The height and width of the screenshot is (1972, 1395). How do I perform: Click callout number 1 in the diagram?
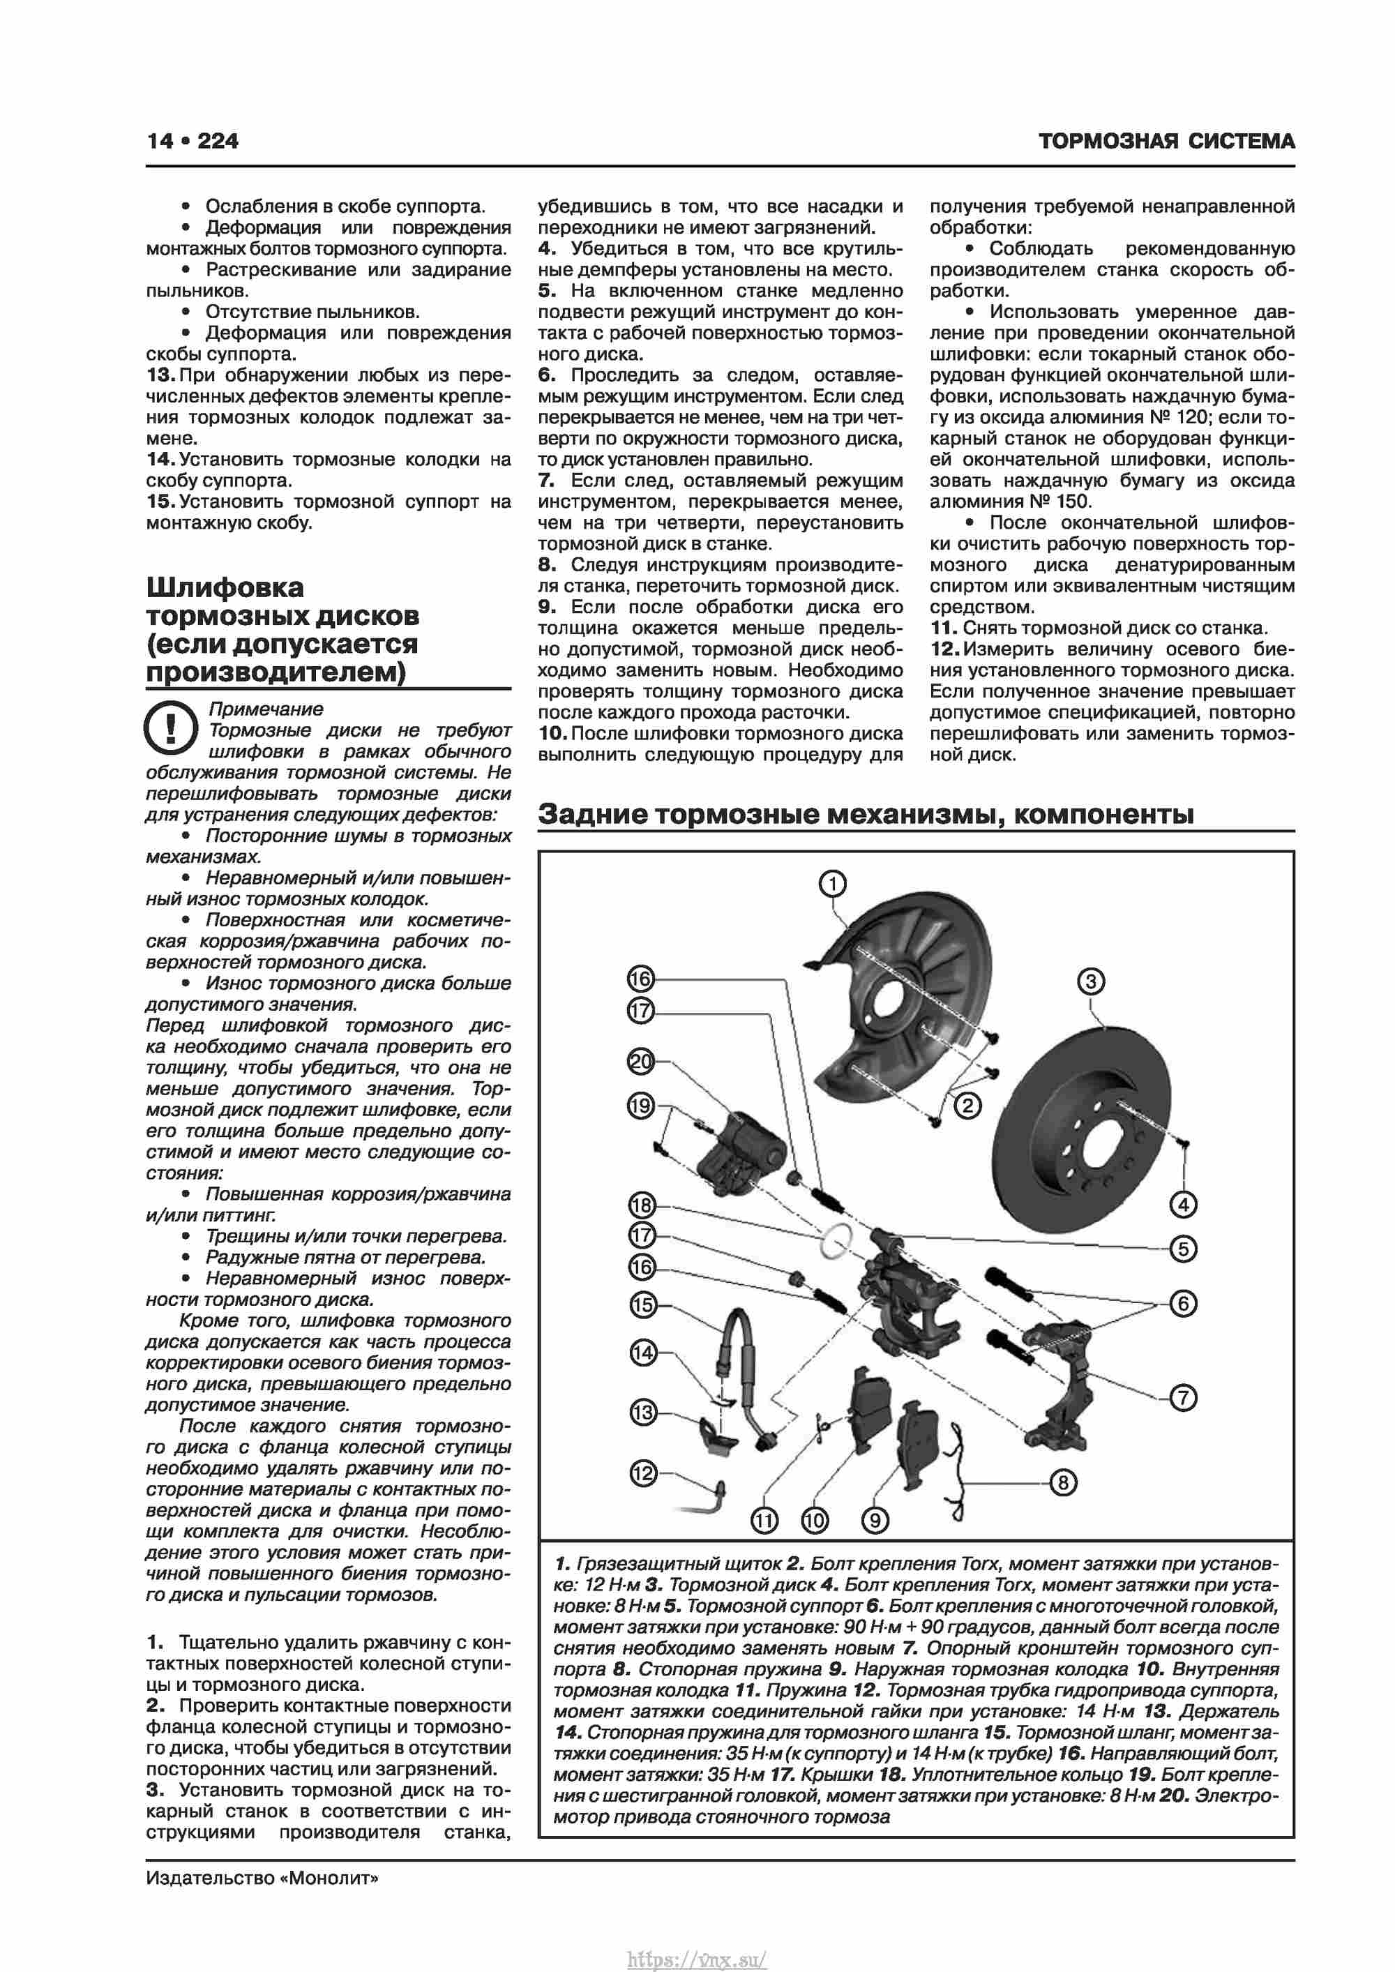coord(832,883)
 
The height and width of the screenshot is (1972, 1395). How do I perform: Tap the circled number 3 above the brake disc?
coord(1090,981)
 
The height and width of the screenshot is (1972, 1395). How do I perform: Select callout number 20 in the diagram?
coord(641,1062)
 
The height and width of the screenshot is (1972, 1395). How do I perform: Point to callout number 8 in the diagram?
coord(1062,1482)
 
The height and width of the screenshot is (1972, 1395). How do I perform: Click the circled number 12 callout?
coord(642,1474)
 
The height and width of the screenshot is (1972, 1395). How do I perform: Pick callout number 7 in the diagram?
coord(1183,1397)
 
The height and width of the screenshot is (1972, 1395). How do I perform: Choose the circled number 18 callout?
coord(641,1205)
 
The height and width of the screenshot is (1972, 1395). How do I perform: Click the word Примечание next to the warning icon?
coord(266,709)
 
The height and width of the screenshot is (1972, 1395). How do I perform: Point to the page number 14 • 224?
coord(193,141)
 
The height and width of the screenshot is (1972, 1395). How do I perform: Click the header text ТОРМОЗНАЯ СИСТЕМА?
coord(1166,142)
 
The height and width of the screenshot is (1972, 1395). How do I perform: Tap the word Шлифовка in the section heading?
coord(225,587)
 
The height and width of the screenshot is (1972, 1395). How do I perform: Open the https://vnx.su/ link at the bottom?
coord(697,1953)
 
